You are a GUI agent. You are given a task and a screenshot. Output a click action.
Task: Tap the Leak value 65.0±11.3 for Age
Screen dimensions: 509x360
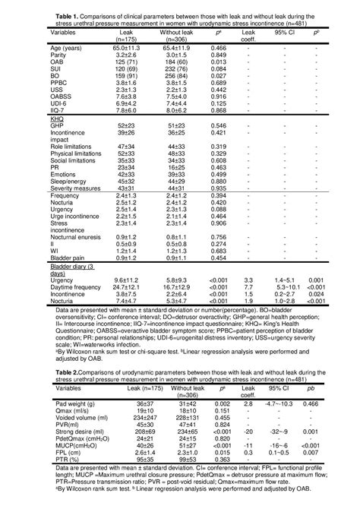pyautogui.click(x=137, y=47)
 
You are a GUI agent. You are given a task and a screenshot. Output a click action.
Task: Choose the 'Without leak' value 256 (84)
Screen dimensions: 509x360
pyautogui.click(x=178, y=77)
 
